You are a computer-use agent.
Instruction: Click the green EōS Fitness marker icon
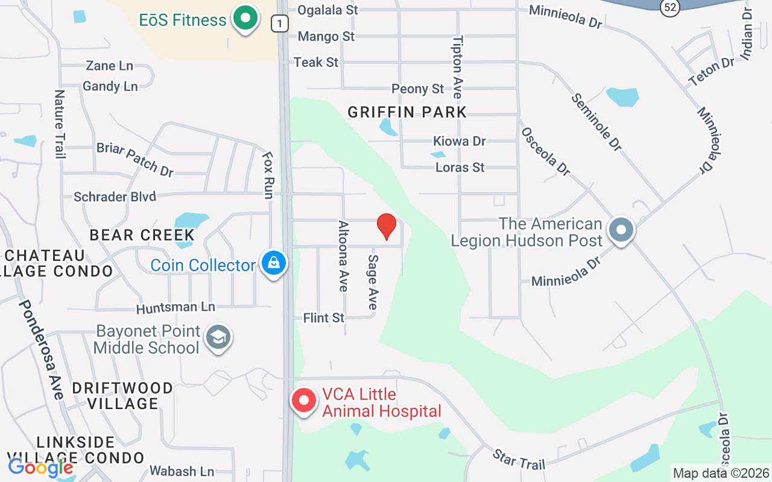(245, 19)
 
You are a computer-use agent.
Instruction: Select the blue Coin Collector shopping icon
(274, 263)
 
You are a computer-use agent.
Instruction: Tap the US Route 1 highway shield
(279, 23)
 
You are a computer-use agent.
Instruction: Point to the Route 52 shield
(669, 7)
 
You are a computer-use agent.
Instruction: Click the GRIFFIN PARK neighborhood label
(407, 112)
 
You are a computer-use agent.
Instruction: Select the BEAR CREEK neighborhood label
(142, 235)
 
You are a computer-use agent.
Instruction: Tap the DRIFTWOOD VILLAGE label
(123, 395)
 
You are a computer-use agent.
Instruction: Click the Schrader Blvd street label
(115, 197)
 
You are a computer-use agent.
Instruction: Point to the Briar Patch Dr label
(135, 159)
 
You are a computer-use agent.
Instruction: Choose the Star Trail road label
(519, 459)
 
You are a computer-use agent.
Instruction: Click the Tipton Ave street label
(457, 67)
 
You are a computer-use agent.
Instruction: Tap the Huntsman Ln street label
(176, 308)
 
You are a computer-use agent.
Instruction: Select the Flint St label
(324, 318)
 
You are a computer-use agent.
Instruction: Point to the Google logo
(40, 467)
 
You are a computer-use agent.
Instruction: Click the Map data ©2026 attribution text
(721, 474)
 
